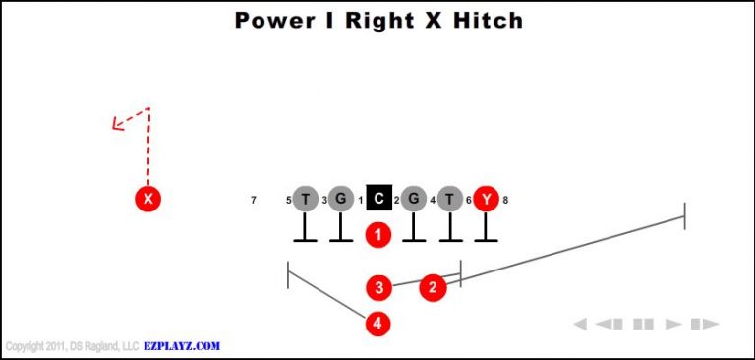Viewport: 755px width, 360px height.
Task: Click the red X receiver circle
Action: coord(147,199)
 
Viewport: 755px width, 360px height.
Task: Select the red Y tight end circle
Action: coord(486,199)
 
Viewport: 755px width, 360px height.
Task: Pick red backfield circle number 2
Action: coord(433,287)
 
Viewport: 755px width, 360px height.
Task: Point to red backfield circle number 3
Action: coord(379,287)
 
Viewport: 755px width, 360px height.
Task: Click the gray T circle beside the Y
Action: coord(449,199)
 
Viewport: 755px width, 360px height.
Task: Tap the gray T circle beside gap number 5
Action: coord(306,199)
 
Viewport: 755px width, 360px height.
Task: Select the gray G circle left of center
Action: coord(340,199)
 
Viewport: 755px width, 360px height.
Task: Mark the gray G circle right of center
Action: coord(414,199)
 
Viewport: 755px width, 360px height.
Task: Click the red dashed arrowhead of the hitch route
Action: coord(116,125)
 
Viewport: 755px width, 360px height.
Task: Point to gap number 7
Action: coord(254,201)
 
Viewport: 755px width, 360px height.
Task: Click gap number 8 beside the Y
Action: coord(505,201)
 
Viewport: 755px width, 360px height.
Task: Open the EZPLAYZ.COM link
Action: coord(183,346)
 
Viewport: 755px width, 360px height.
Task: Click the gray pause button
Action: coord(643,324)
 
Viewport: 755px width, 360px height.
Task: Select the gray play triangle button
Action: coord(674,324)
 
